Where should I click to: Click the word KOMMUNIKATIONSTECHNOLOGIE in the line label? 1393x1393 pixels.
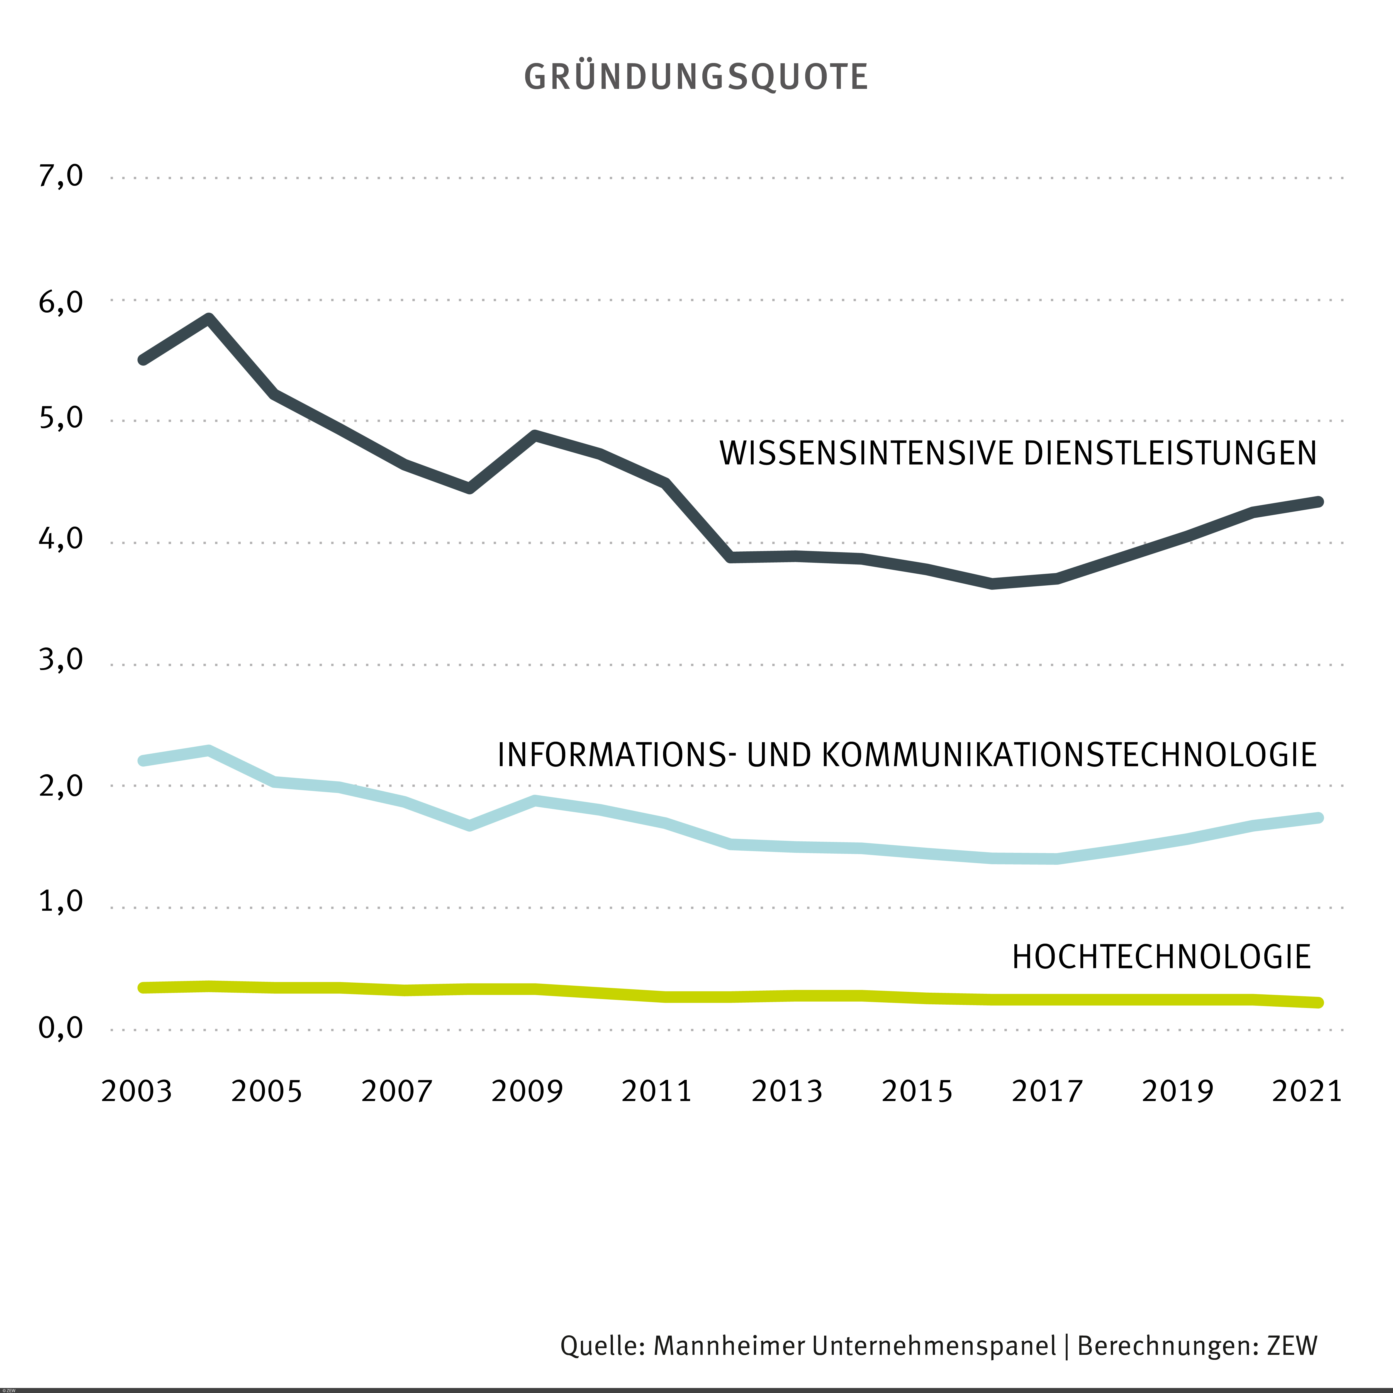[1068, 755]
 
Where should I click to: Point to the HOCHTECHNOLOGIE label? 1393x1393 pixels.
[1161, 958]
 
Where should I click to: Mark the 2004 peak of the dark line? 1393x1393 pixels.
[209, 319]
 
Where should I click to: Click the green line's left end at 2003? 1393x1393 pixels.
[143, 988]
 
